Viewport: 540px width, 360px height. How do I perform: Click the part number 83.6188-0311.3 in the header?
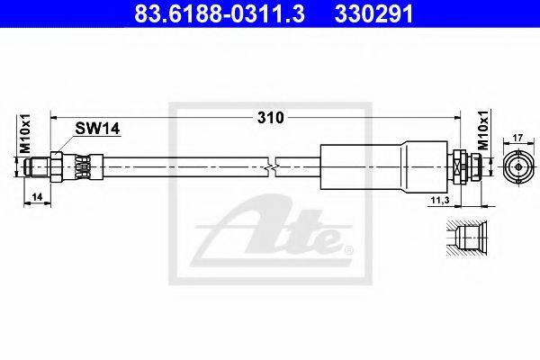220,14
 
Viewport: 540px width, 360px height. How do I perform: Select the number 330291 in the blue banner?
373,14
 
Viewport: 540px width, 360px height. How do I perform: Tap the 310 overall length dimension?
271,118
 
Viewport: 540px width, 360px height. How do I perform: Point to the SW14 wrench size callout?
97,129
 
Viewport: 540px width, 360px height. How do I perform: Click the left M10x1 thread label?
25,134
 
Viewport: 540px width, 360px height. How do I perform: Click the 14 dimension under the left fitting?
37,197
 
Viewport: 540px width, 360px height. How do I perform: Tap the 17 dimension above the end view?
518,138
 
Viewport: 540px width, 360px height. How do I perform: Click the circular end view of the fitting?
518,167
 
